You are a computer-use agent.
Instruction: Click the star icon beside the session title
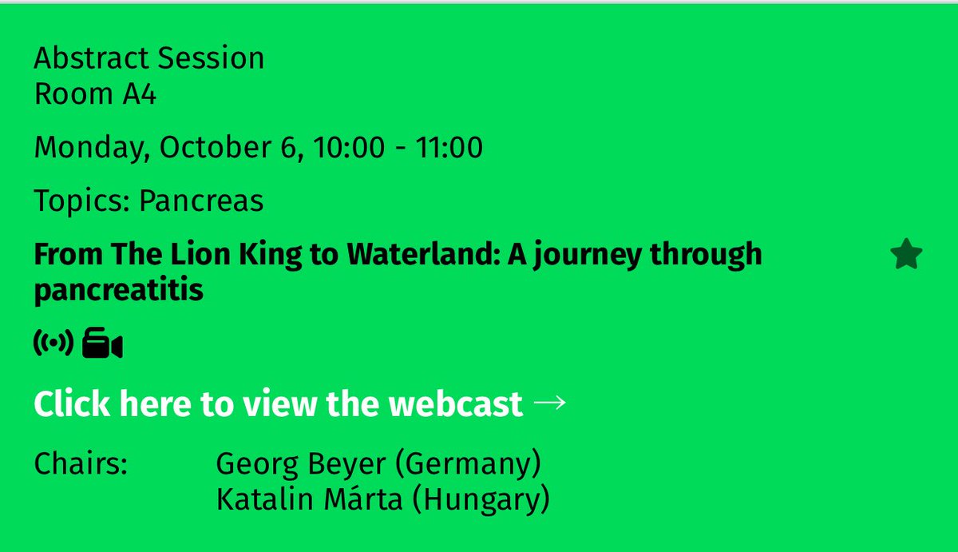(x=906, y=256)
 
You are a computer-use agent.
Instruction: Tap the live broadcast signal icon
(x=53, y=344)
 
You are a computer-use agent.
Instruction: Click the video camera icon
(x=102, y=344)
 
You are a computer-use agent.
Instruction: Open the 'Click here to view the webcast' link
(x=278, y=404)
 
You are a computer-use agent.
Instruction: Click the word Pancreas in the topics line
(x=201, y=201)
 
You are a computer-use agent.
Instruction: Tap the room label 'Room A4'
(x=95, y=94)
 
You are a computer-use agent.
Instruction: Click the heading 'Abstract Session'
(x=148, y=58)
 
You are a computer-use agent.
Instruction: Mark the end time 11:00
(x=449, y=148)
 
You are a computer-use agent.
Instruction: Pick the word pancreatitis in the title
(x=118, y=291)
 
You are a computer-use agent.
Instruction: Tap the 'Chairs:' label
(x=81, y=464)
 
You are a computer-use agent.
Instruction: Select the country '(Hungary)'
(x=485, y=501)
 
